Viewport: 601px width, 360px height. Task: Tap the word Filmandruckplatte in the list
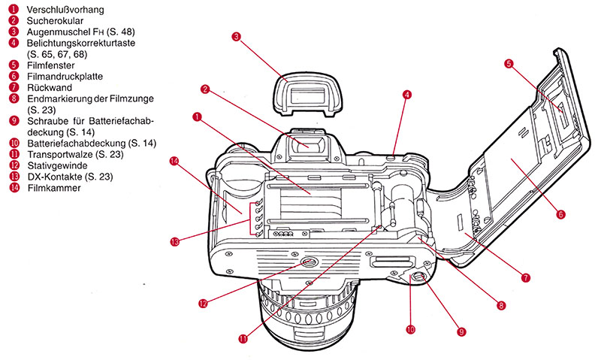click(x=65, y=76)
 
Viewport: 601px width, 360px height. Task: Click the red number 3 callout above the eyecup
click(x=236, y=35)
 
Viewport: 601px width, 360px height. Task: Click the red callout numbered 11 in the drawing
click(x=243, y=338)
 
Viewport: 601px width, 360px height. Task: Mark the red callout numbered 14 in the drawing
click(x=175, y=161)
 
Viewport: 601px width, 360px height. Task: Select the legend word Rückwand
click(x=47, y=87)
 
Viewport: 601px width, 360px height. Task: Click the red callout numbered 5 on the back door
click(x=509, y=65)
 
